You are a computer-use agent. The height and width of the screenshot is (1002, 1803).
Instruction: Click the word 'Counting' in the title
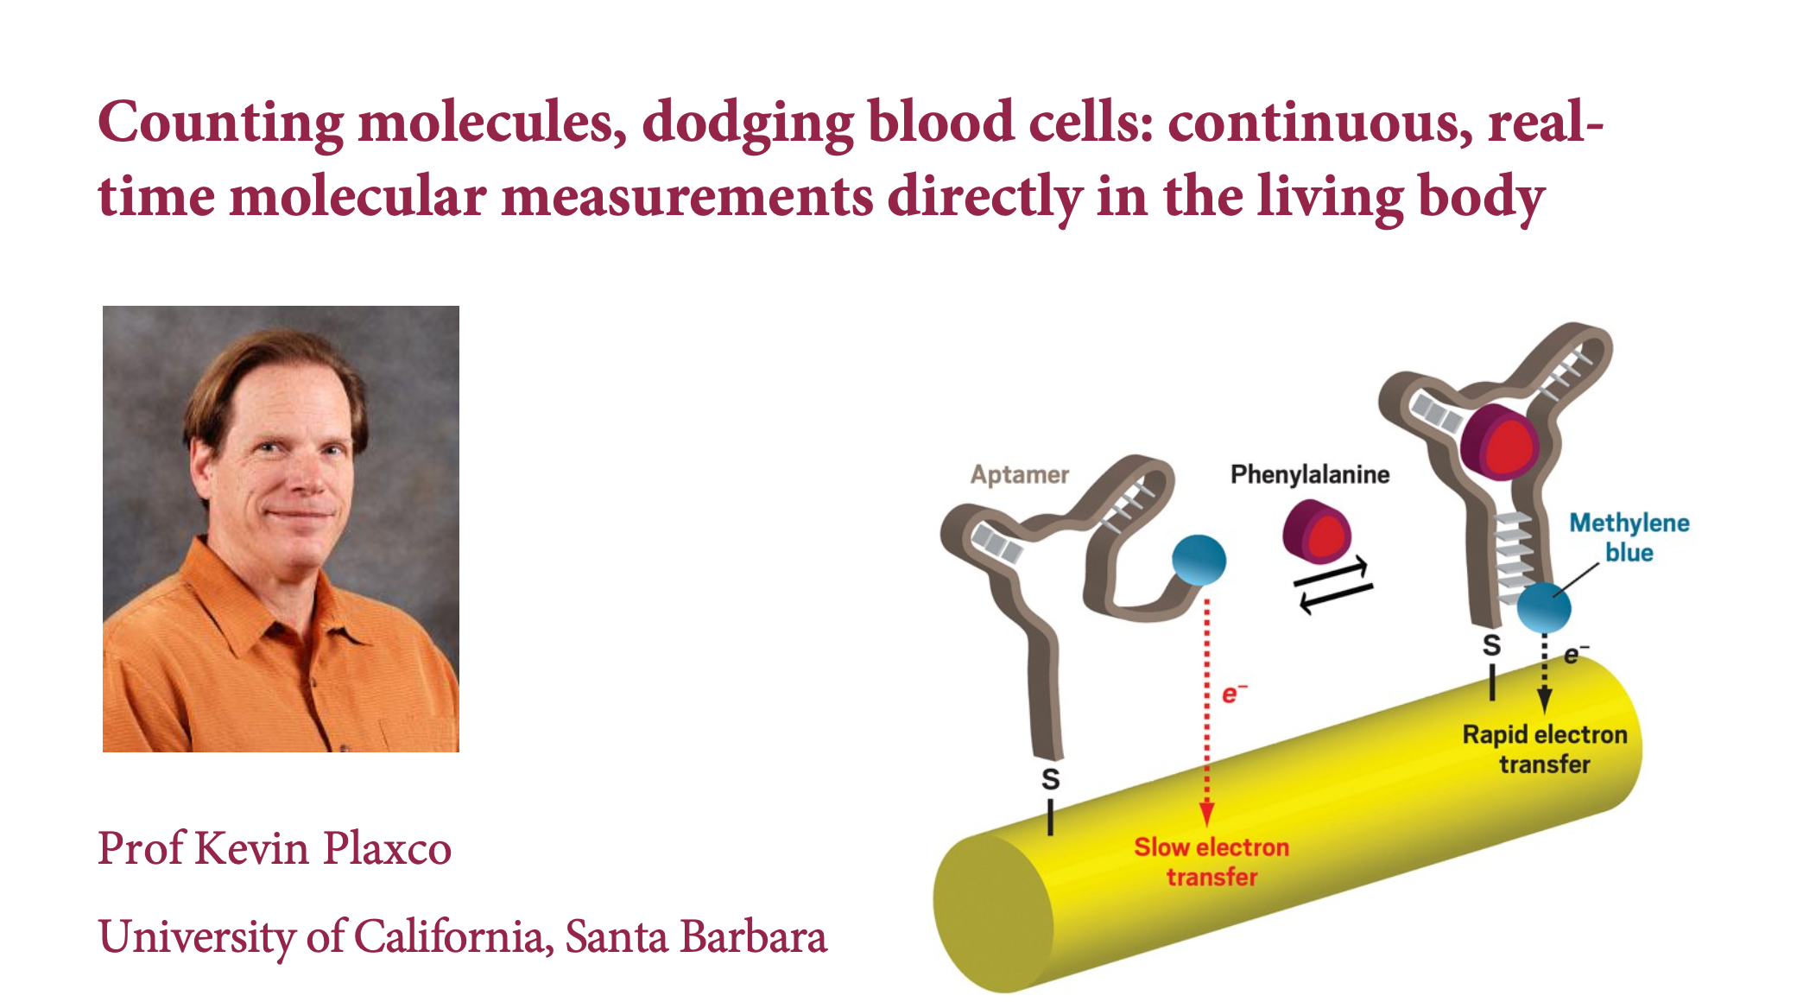tap(221, 123)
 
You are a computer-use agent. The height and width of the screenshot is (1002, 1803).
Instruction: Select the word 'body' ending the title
tap(1481, 198)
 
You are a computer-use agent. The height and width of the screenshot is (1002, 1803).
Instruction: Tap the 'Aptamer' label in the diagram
tap(1019, 474)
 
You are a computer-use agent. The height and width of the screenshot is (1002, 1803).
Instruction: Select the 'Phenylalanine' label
tap(1310, 473)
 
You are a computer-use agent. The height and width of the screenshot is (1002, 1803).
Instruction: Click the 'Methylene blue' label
tap(1629, 537)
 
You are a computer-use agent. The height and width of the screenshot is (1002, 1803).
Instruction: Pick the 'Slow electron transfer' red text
tap(1211, 861)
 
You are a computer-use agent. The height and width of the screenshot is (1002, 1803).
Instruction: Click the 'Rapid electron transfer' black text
tap(1545, 749)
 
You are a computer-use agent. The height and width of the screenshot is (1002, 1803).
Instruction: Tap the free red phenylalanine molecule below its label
tap(1316, 530)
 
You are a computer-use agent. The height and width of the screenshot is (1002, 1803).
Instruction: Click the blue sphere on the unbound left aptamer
tap(1199, 560)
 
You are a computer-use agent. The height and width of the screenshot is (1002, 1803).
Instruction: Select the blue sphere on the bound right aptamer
tap(1544, 607)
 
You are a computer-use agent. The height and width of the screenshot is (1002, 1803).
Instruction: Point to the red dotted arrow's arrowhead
tap(1207, 815)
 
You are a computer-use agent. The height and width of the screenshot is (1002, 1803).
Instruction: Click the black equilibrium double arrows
tap(1333, 585)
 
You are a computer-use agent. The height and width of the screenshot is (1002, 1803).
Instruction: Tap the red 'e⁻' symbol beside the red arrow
tap(1234, 693)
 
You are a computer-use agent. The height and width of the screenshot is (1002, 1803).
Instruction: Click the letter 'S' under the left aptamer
tap(1051, 779)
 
